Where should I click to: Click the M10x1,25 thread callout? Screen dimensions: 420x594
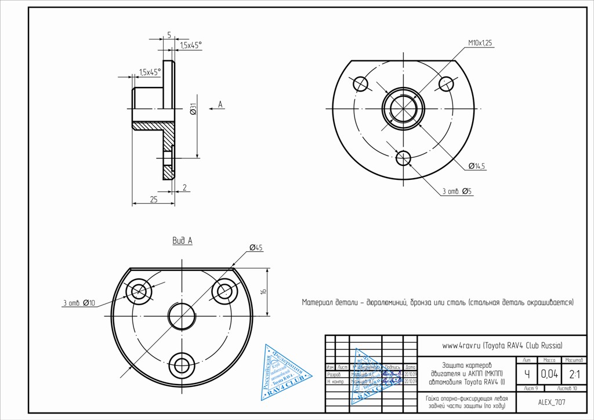480,43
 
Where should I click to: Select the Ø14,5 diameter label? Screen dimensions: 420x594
478,166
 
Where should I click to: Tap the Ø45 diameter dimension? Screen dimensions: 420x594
256,248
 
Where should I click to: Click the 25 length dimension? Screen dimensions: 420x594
154,199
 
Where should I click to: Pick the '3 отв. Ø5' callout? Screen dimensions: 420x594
457,191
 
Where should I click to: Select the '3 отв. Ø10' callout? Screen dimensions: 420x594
78,302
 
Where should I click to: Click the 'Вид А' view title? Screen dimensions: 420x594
182,241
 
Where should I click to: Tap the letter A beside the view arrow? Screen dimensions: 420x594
220,104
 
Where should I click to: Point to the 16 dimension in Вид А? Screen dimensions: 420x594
263,292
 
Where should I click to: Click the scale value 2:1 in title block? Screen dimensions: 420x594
574,374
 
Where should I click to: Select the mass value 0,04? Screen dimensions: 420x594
549,374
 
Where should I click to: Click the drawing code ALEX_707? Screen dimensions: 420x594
552,402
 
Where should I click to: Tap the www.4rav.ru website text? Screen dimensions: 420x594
502,345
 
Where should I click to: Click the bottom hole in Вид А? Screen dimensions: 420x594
182,365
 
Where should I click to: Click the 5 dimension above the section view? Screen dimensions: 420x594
169,35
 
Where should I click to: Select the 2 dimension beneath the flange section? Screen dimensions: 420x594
184,187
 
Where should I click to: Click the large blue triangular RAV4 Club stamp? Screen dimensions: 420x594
284,374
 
